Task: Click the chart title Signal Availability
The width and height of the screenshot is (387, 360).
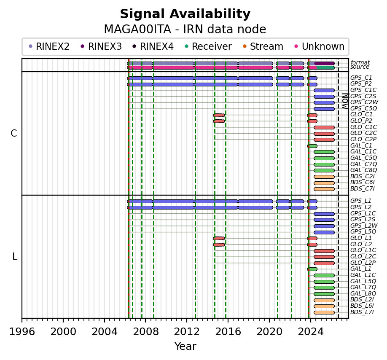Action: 185,14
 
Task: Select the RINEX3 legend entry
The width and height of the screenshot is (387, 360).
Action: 102,46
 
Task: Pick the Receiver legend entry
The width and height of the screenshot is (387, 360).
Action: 208,46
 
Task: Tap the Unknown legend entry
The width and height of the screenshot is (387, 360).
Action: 320,46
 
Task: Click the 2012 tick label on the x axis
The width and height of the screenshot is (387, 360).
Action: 187,332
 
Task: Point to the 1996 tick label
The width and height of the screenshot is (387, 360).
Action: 22,332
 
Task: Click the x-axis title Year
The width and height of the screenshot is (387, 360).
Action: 185,347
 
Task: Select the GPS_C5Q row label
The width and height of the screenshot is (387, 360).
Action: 363,108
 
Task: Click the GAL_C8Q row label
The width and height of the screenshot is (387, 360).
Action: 363,170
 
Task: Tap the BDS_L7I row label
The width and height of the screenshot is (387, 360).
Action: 362,312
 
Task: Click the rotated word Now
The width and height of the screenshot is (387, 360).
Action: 345,101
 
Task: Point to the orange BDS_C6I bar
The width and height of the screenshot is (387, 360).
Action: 324,183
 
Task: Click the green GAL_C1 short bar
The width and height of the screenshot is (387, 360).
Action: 312,146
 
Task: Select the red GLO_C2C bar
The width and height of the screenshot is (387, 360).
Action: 324,134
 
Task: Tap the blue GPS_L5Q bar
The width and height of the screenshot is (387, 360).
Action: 324,232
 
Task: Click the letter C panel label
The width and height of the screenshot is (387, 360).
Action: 14,134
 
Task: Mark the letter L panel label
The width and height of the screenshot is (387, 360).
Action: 15,257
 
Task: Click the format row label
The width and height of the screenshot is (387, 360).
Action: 360,62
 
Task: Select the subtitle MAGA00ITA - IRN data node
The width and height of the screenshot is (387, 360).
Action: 185,30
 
